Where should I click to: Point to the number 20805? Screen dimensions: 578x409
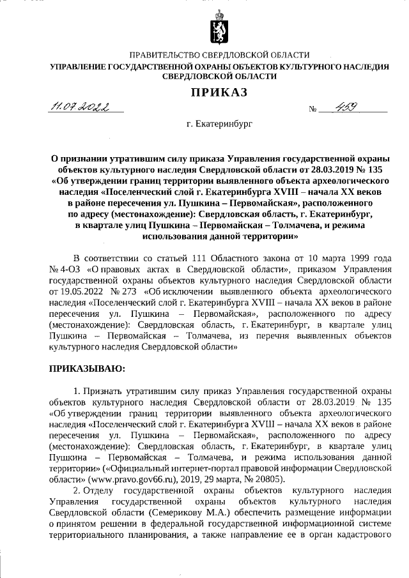coord(272,480)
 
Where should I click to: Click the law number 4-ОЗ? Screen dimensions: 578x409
coord(69,269)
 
